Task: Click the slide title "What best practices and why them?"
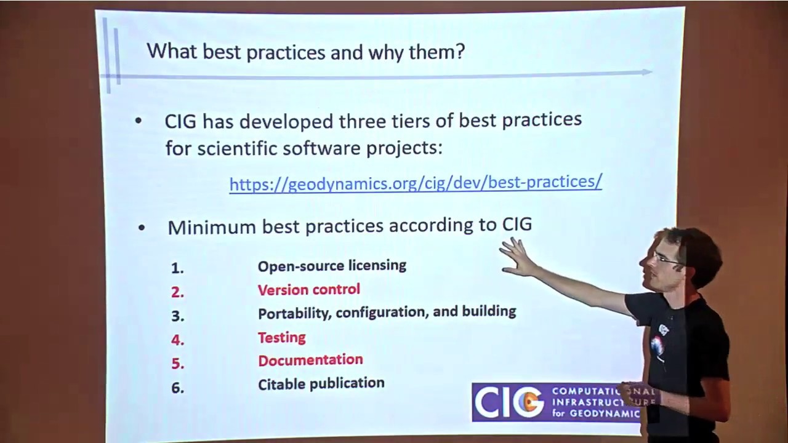click(305, 51)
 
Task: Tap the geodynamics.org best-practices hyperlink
click(416, 183)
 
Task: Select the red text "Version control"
click(308, 289)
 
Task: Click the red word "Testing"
click(281, 337)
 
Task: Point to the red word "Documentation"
click(310, 360)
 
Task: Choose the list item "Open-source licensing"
click(332, 266)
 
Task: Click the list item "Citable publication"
click(321, 383)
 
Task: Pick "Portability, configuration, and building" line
click(387, 312)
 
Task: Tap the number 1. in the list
click(177, 268)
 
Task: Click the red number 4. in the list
click(177, 340)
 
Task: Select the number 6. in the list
click(177, 388)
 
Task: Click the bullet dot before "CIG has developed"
click(138, 121)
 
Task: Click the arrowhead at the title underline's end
click(648, 72)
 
